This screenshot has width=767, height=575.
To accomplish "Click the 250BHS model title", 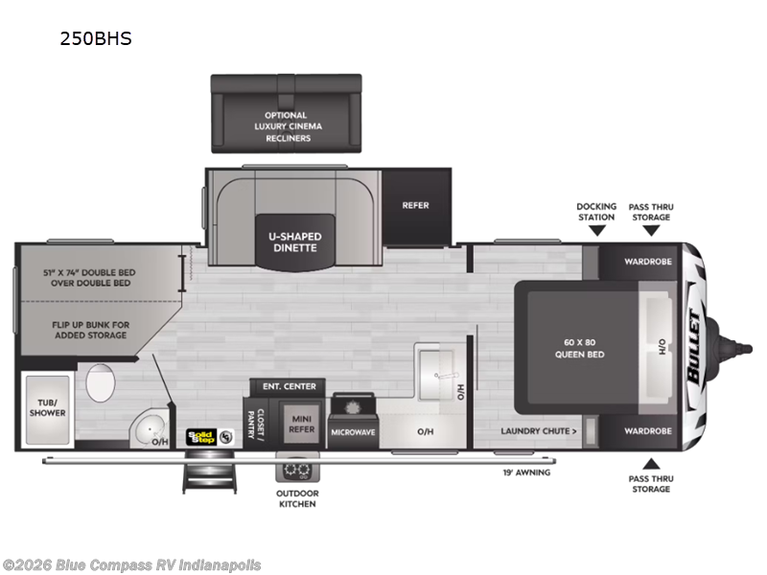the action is pyautogui.click(x=96, y=38).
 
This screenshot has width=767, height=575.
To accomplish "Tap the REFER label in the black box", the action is pyautogui.click(x=415, y=205).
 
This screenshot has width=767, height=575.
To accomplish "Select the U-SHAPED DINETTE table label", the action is pyautogui.click(x=295, y=242).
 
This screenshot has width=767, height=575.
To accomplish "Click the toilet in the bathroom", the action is pyautogui.click(x=101, y=382).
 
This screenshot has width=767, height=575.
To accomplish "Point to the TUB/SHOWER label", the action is pyautogui.click(x=47, y=408).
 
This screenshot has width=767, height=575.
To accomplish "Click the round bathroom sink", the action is pyautogui.click(x=149, y=428).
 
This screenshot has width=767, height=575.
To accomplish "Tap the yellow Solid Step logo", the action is pyautogui.click(x=201, y=437).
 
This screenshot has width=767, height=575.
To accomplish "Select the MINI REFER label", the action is pyautogui.click(x=301, y=425).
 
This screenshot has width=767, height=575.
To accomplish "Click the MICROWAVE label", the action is pyautogui.click(x=353, y=432).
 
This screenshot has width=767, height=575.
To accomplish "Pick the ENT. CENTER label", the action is pyautogui.click(x=290, y=386).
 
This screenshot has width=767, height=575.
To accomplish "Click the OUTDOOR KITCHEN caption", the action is pyautogui.click(x=297, y=498).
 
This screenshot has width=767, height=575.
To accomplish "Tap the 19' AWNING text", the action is pyautogui.click(x=526, y=472).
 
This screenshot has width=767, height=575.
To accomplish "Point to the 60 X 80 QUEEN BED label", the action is pyautogui.click(x=580, y=348).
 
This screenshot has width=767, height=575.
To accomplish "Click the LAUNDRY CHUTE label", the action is pyautogui.click(x=539, y=431).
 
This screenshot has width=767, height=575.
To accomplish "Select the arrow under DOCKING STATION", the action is pyautogui.click(x=596, y=230).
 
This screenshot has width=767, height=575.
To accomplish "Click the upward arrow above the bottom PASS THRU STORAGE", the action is pyautogui.click(x=651, y=464).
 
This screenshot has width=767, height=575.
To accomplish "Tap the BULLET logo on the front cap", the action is pyautogui.click(x=694, y=346).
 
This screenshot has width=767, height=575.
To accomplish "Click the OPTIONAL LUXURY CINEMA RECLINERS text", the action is pyautogui.click(x=288, y=126).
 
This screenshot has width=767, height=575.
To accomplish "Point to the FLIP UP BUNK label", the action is pyautogui.click(x=90, y=330).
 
